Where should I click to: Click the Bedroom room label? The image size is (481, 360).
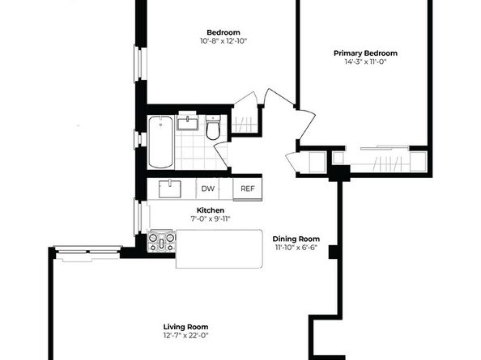[223, 32]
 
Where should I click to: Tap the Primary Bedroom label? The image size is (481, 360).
[365, 53]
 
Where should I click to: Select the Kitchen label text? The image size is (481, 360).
[210, 210]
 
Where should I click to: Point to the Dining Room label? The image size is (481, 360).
[296, 239]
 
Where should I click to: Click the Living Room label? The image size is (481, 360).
[185, 327]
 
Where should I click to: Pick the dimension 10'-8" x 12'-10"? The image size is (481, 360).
[223, 41]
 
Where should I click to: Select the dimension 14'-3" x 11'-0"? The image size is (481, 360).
[365, 62]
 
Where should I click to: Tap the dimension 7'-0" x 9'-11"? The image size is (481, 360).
[210, 218]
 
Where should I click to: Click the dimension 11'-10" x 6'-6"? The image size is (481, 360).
[296, 248]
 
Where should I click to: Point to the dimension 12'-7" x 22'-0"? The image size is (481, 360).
[185, 336]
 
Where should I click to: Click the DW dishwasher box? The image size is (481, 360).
[207, 188]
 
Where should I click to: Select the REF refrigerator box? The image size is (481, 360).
[248, 189]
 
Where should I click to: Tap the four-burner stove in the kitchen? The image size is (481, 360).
[161, 241]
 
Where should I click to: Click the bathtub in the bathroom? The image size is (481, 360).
[161, 142]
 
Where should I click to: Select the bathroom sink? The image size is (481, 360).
[187, 121]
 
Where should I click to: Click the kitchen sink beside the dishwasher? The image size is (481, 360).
[169, 189]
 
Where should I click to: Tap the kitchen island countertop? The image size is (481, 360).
[219, 249]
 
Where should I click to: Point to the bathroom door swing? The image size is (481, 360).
[222, 155]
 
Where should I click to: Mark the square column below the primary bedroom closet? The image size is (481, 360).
[339, 173]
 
